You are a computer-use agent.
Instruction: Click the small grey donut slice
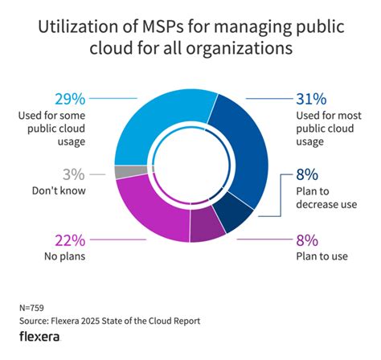tap(121, 171)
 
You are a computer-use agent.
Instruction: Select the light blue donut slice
tap(149, 121)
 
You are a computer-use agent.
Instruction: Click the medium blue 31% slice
tap(248, 145)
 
